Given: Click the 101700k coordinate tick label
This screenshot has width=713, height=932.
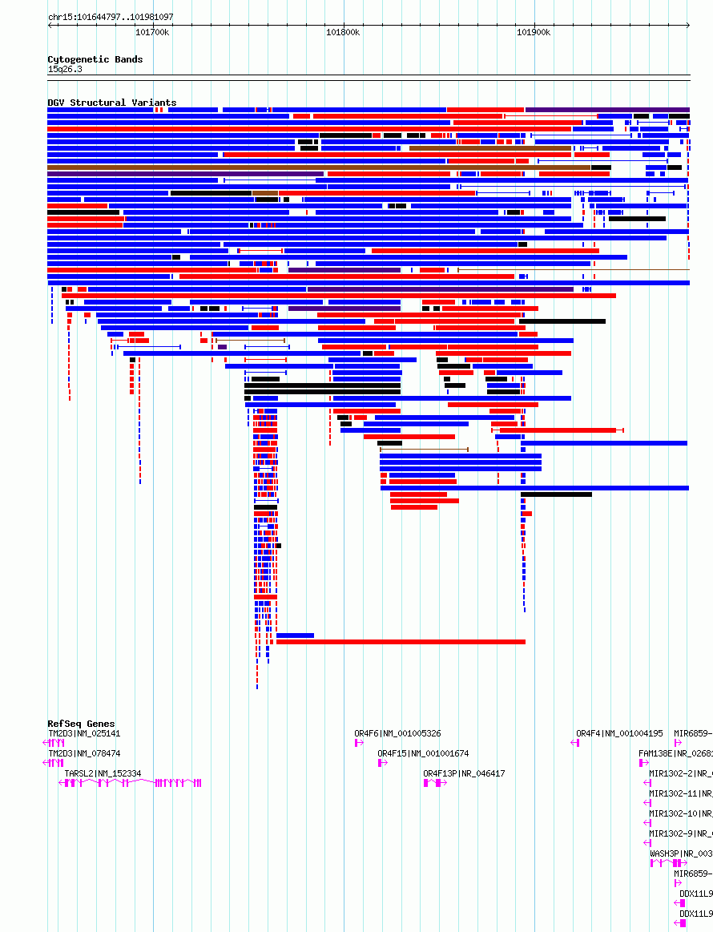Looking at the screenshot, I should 151,33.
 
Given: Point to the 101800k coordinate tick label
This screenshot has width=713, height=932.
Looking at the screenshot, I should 342,33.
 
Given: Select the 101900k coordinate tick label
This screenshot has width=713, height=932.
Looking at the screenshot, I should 533,33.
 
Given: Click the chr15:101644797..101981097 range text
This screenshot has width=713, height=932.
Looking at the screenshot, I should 111,17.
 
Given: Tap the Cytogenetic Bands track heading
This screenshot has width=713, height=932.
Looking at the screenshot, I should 95,59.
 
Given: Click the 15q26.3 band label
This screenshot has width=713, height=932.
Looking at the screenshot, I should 65,69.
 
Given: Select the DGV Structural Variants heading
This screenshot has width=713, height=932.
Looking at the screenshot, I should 111,103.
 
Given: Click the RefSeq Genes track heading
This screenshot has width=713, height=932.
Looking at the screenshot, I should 81,724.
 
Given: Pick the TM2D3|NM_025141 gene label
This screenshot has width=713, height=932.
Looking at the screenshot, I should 84,733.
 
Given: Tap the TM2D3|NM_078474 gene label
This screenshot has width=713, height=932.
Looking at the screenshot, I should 84,753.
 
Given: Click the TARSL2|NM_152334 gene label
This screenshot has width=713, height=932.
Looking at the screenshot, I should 103,773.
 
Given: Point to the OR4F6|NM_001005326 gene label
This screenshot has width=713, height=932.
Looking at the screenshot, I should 397,733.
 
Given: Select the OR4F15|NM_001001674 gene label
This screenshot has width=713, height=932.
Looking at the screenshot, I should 423,753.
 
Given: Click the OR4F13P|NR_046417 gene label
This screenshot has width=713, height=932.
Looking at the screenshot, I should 464,773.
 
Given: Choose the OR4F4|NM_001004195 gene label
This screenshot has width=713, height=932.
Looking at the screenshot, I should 619,733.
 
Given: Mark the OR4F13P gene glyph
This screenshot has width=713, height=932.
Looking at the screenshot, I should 434,783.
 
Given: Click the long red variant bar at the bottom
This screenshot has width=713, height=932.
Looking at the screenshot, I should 401,642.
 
